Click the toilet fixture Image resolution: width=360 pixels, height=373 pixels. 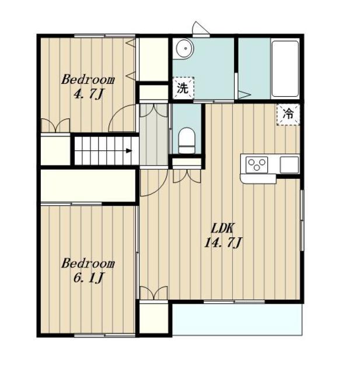tap(187, 140)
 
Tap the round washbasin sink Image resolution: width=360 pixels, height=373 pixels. tap(185, 48)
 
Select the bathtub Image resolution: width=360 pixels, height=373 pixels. tap(285, 69)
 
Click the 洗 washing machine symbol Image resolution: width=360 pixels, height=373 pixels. tap(183, 88)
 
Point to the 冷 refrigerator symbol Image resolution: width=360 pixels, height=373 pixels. tap(288, 114)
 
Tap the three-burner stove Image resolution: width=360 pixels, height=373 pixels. tap(256, 164)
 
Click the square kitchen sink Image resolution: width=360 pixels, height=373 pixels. tap(289, 164)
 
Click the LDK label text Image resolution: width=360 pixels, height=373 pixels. tap(223, 228)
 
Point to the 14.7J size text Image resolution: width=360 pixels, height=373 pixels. tap(223, 243)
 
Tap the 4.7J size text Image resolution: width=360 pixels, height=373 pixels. tap(88, 94)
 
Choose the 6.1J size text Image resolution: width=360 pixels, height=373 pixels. tap(88, 277)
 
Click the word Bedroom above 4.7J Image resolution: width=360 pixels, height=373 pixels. tap(88, 79)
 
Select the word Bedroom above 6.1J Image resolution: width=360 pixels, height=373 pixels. tap(88, 263)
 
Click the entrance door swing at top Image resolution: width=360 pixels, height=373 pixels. tap(201, 29)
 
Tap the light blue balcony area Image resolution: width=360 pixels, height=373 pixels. tap(237, 319)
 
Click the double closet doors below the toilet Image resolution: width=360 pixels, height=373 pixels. tap(187, 176)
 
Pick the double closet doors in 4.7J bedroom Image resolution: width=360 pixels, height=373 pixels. tap(55, 125)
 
